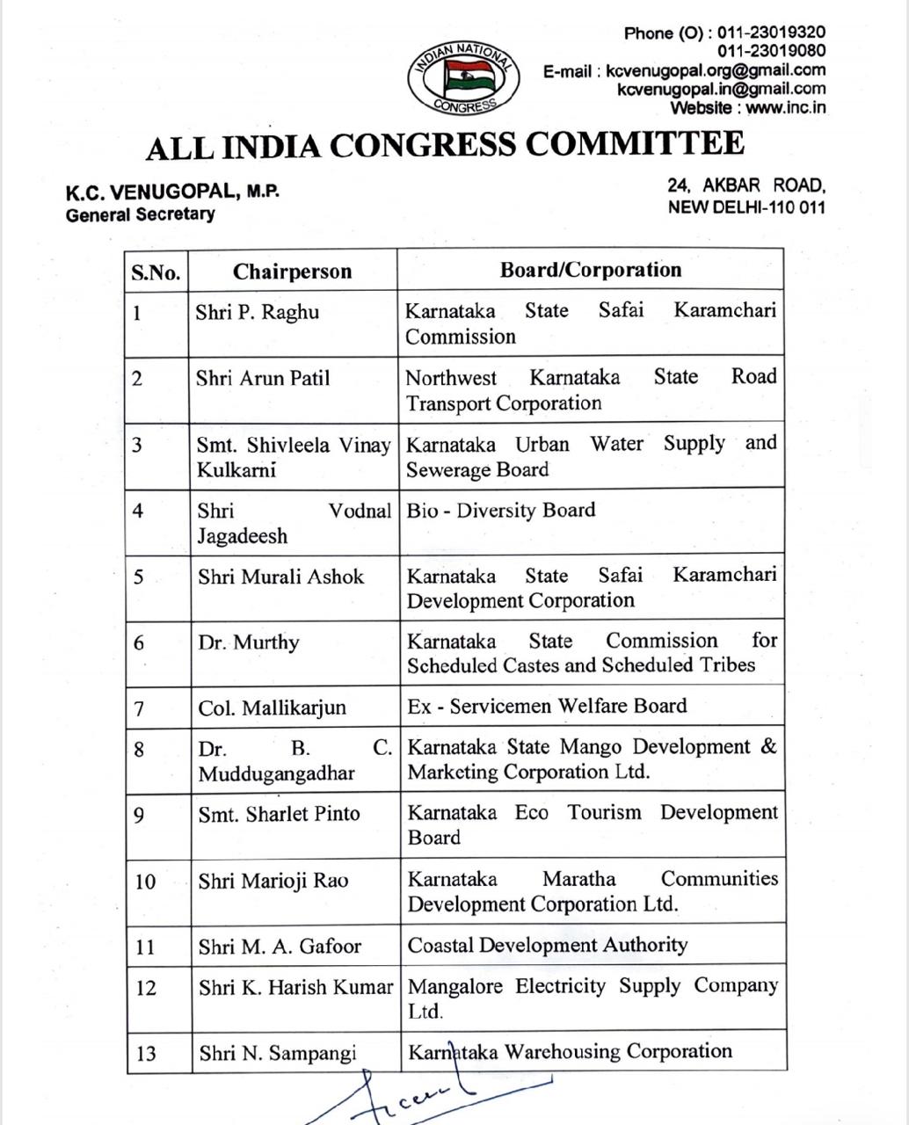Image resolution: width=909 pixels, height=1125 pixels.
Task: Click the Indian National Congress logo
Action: (463, 78)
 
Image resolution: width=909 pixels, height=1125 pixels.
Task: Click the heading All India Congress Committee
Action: (445, 144)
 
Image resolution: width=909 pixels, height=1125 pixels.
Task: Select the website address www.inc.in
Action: (786, 108)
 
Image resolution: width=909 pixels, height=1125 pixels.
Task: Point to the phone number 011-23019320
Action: (771, 33)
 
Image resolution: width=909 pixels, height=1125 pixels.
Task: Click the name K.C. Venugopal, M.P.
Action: (172, 192)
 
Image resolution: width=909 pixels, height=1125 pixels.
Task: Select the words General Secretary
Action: (140, 214)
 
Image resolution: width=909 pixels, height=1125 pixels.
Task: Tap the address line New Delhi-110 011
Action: (746, 207)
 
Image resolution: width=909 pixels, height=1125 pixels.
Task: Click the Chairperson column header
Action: (292, 272)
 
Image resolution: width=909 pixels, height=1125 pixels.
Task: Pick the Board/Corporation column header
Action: (590, 270)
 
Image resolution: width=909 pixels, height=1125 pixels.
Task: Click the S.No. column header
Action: (156, 272)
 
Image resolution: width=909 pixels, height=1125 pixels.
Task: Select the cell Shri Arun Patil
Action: (263, 379)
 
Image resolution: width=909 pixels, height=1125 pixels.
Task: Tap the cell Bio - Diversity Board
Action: (500, 511)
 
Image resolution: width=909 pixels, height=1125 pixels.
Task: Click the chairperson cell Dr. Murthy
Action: (249, 642)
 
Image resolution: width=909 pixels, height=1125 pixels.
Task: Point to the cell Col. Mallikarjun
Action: (272, 708)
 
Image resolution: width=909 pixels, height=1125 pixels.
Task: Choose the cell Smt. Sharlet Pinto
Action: (279, 814)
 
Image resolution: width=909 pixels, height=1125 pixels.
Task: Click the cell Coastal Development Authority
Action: (547, 945)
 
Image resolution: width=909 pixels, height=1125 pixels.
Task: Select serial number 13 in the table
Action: (146, 1053)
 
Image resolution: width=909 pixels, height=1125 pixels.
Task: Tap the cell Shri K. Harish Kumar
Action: (295, 988)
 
